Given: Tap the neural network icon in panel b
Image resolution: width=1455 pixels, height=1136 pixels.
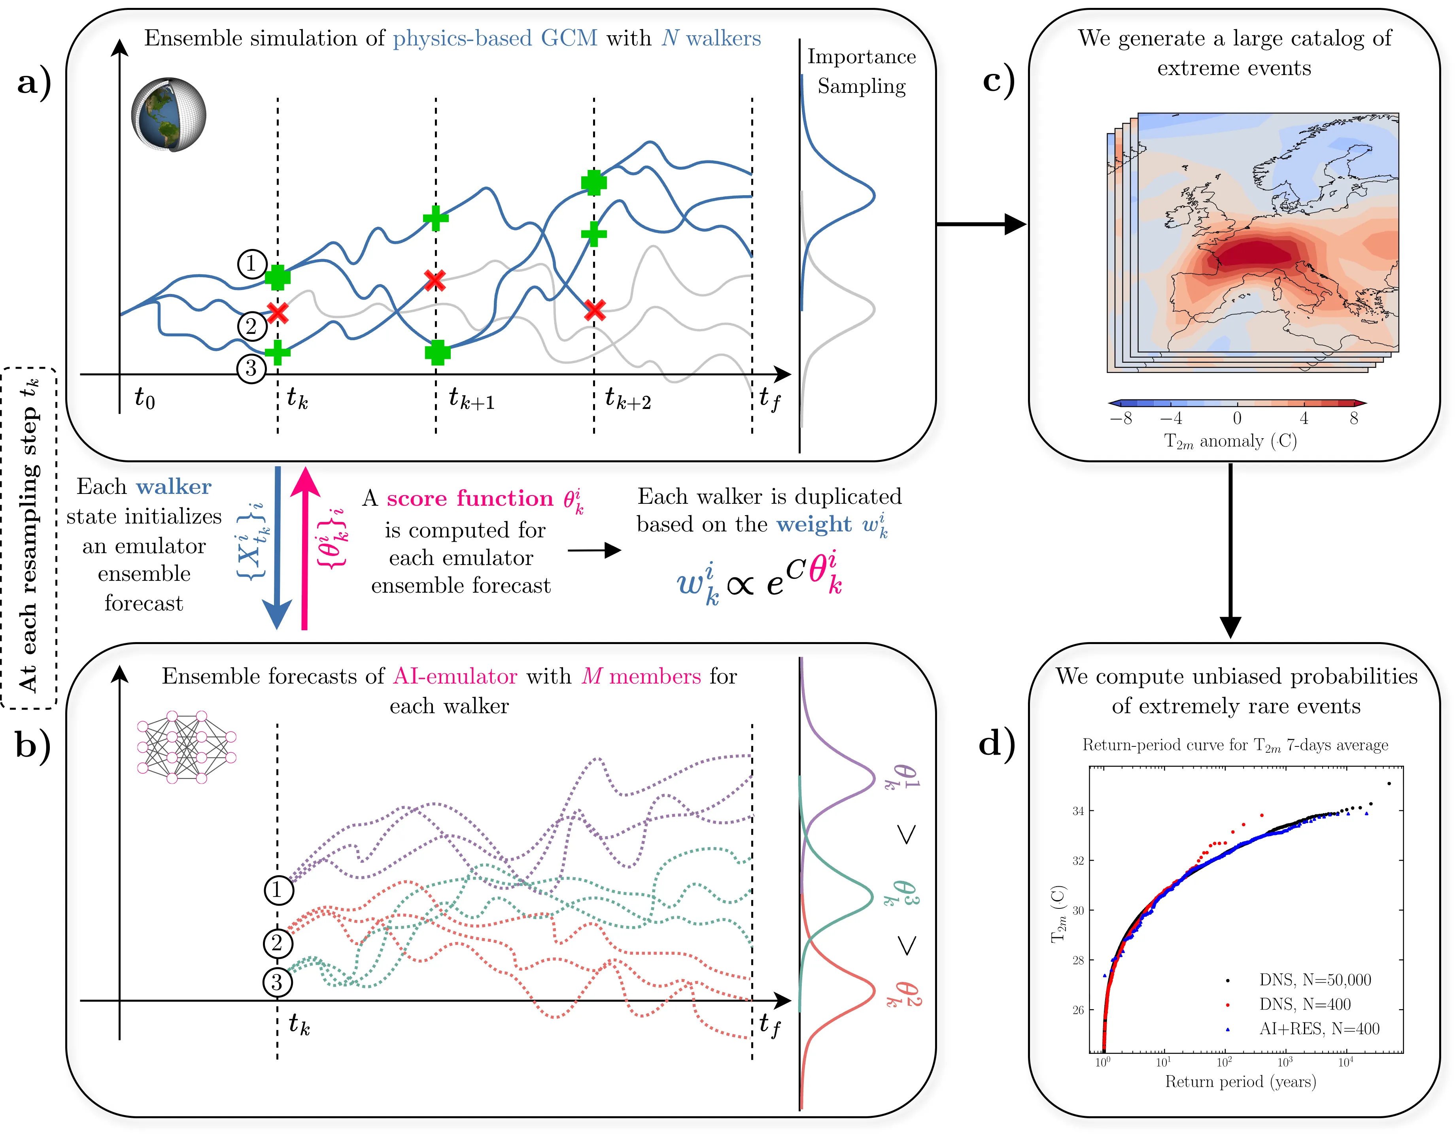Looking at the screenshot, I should pos(186,746).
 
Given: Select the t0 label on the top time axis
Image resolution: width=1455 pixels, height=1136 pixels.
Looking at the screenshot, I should pos(145,398).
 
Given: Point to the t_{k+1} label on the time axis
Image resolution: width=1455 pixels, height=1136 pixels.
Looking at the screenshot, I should pos(471,399).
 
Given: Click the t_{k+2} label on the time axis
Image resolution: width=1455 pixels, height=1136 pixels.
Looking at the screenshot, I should pos(627,399).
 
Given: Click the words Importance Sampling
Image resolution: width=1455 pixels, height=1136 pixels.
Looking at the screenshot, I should pos(862,71).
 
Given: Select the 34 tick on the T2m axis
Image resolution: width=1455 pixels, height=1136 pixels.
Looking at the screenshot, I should pos(1077,811).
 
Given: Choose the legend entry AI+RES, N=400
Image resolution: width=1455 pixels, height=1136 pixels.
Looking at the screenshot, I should pos(1319,1029).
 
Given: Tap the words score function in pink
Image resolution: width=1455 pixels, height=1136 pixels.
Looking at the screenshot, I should pos(470,498).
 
